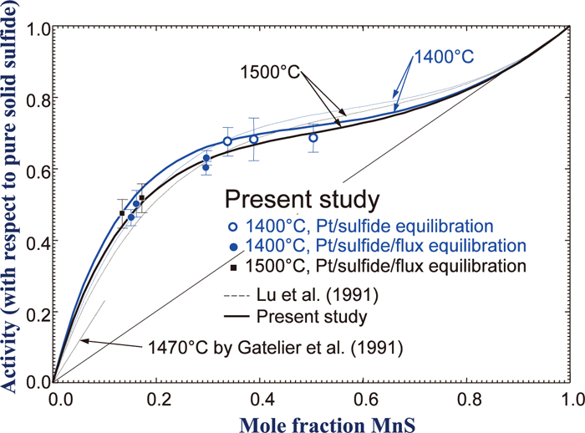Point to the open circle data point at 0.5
(x=313, y=137)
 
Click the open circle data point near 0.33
(x=227, y=141)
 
